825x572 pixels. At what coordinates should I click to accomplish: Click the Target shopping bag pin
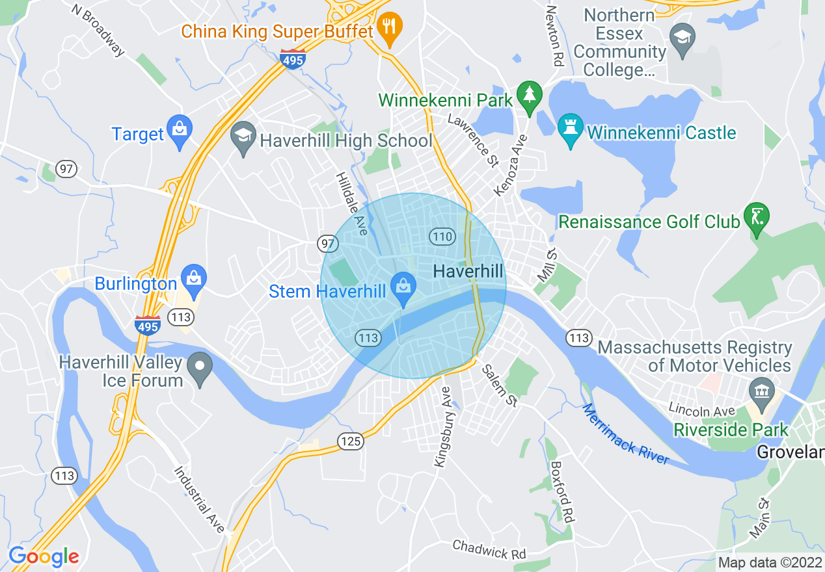click(178, 132)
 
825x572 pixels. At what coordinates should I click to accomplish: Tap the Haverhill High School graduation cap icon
click(243, 139)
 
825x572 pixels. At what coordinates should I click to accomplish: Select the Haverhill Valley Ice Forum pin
click(200, 369)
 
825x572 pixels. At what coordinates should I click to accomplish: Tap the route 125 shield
click(349, 442)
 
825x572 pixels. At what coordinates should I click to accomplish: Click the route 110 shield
click(442, 236)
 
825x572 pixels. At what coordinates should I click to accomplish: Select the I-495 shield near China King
click(293, 59)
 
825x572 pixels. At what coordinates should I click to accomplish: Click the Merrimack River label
click(625, 434)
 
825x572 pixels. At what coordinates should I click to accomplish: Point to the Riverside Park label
click(731, 430)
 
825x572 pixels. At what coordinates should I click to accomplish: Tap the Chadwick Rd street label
click(489, 549)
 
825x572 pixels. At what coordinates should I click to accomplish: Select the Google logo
click(44, 556)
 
